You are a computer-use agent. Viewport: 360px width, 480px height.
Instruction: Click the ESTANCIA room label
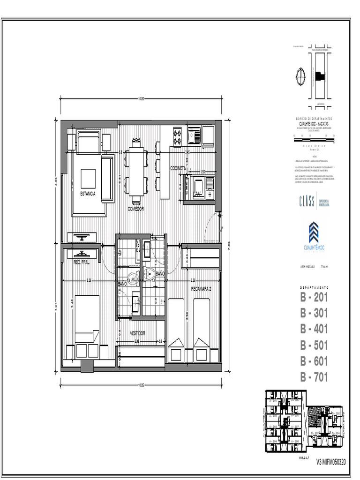(x=88, y=194)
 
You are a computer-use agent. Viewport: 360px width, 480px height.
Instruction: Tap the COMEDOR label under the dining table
(x=135, y=208)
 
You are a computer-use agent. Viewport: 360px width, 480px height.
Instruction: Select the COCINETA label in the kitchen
(x=179, y=168)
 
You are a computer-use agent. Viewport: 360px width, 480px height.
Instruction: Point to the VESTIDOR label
(x=137, y=333)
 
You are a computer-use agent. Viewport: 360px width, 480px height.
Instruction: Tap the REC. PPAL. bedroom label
(x=82, y=262)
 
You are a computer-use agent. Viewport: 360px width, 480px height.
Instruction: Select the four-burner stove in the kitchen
(x=178, y=136)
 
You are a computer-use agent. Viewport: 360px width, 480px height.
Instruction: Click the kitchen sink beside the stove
(x=195, y=136)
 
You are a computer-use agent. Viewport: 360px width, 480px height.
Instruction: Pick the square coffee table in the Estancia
(x=89, y=178)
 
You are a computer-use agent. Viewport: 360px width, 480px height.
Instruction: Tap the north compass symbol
(x=300, y=75)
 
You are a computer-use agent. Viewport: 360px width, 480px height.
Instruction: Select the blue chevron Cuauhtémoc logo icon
(x=314, y=233)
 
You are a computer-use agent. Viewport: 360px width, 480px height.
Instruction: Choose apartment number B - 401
(x=314, y=329)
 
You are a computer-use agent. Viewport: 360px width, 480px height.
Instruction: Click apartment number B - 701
(x=314, y=377)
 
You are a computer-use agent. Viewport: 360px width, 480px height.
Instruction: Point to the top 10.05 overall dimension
(x=140, y=98)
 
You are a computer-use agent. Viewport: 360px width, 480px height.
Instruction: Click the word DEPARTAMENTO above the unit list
(x=314, y=287)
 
